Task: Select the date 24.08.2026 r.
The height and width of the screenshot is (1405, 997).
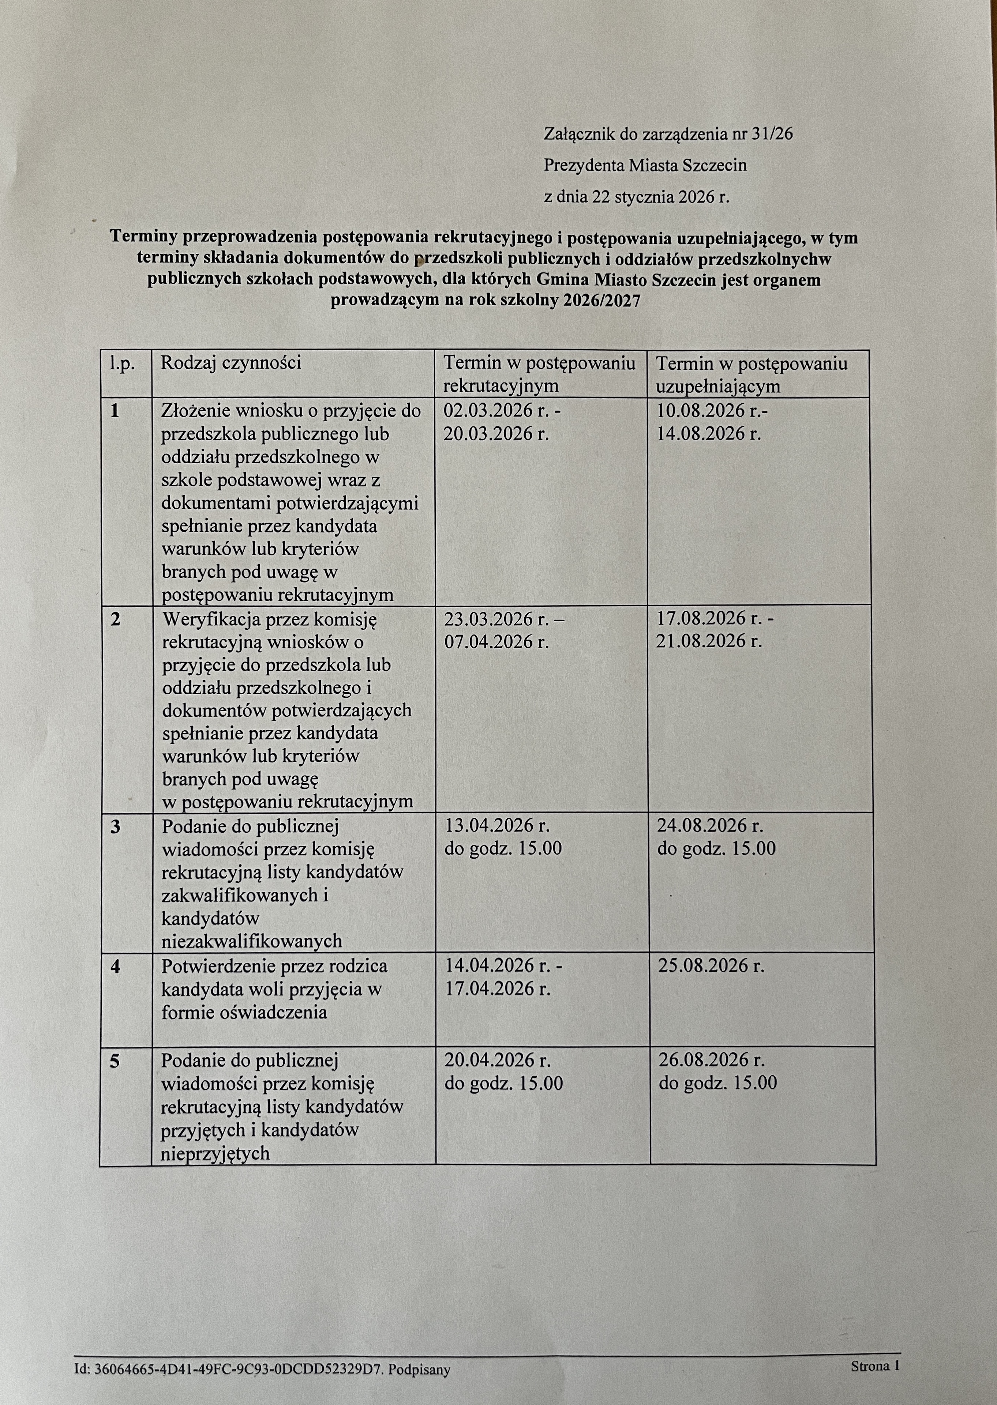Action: tap(710, 825)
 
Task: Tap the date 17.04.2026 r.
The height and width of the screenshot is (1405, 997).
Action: tap(496, 989)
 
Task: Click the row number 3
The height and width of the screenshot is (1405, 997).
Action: tap(115, 826)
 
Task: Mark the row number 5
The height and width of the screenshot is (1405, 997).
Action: tap(115, 1061)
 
